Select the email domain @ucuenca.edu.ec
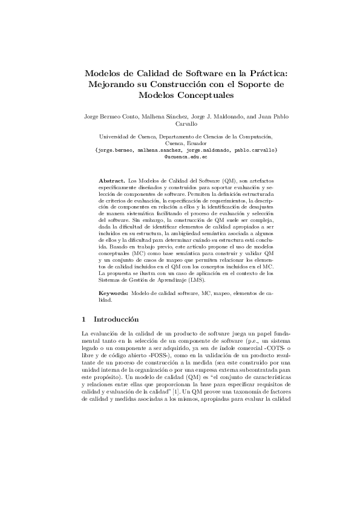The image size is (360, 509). click(186, 157)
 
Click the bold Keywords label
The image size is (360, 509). click(113, 293)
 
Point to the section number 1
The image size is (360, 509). click(82, 319)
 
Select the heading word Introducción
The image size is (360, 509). click(114, 319)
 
